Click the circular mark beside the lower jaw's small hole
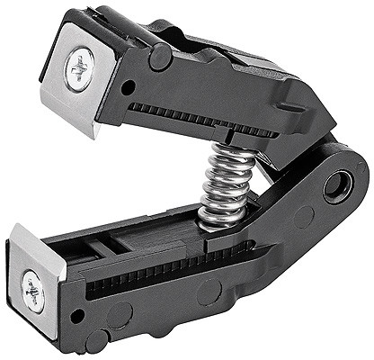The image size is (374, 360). coord(117,317)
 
